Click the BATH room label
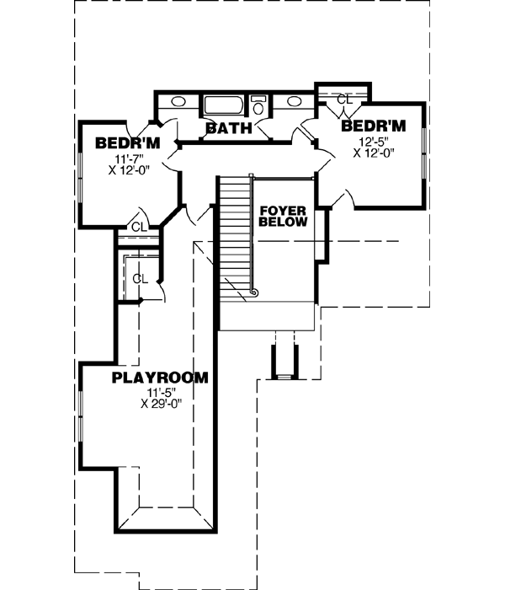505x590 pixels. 229,129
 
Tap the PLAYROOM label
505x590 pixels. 160,378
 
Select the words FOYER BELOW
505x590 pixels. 282,216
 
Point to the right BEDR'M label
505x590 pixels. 373,126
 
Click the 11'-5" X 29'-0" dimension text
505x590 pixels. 162,398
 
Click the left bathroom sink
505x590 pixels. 178,103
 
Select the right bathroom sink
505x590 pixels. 295,103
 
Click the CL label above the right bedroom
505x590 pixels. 344,99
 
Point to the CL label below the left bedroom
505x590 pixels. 139,227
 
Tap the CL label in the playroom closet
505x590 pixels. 141,278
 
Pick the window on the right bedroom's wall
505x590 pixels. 424,155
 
